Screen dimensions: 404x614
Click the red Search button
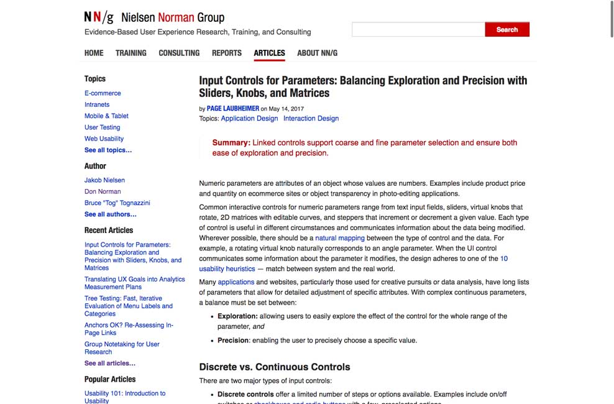(506, 29)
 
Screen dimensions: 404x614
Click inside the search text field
(418, 29)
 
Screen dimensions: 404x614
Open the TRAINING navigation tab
(131, 53)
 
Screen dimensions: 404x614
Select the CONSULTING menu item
(179, 53)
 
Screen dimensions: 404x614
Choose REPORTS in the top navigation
(226, 53)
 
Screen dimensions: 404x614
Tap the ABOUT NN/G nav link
(317, 53)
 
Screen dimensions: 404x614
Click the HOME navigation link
(94, 53)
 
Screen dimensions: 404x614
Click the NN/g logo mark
(99, 17)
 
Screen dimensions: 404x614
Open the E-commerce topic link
(103, 93)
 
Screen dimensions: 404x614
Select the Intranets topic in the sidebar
(97, 104)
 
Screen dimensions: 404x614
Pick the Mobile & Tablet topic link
(106, 116)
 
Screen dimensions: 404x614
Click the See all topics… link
(108, 150)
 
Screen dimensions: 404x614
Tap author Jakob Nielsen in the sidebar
(104, 180)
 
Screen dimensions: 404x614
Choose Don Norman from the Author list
(103, 191)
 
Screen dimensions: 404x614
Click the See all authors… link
(111, 214)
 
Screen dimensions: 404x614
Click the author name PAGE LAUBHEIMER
(233, 108)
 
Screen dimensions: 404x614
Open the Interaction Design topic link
(311, 118)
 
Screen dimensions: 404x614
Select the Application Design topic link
(249, 118)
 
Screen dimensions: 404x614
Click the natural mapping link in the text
(339, 238)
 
